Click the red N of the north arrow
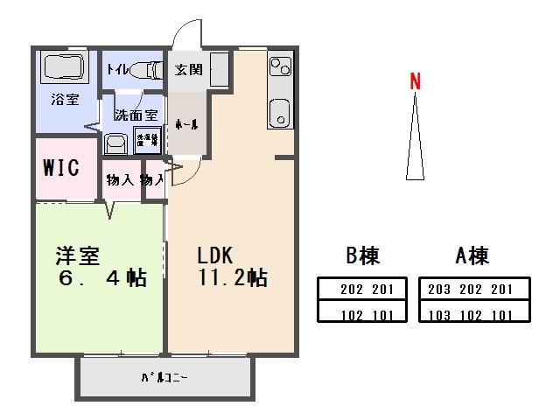[416, 82]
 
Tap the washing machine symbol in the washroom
[145, 140]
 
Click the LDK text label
[213, 255]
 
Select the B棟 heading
[362, 255]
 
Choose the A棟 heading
[472, 255]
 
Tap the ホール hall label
[185, 123]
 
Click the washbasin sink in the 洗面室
[114, 143]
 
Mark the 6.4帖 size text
[101, 279]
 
